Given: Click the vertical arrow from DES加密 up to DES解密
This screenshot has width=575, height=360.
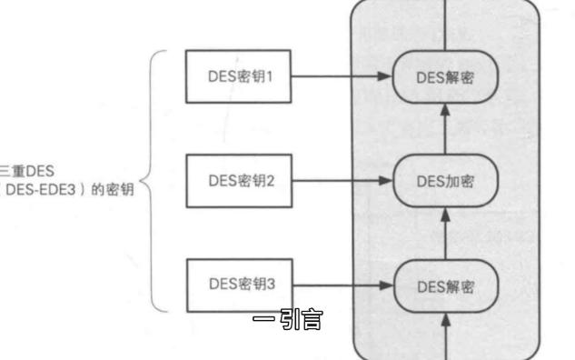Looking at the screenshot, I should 445,128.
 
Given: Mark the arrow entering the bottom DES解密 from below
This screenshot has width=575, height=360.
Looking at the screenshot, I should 445,332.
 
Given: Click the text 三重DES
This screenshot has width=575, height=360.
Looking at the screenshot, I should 15,169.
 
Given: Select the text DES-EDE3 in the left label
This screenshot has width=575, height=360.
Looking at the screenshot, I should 45,190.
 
